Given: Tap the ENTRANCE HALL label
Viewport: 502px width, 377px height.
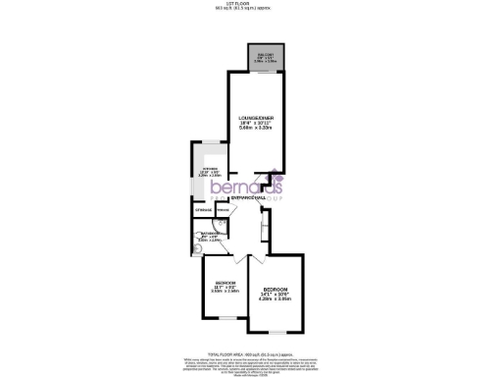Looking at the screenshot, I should click(248, 198).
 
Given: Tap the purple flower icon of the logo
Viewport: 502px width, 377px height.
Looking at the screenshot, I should click(277, 181).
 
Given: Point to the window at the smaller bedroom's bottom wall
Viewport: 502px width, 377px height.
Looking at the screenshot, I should click(225, 317).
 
